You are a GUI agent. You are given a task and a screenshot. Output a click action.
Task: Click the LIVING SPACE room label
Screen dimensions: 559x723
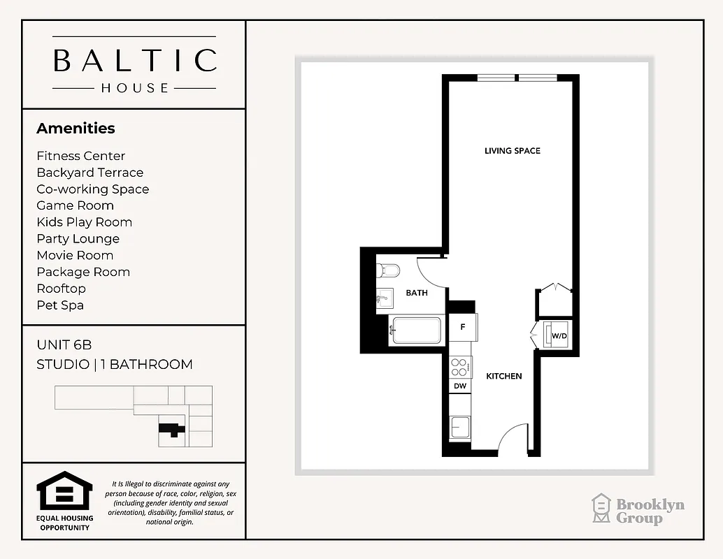512,151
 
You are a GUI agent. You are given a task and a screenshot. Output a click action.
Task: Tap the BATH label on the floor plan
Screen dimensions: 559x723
417,293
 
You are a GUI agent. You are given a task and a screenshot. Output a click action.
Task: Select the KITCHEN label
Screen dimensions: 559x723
504,376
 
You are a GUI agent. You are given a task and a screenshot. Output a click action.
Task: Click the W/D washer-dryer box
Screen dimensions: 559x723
559,335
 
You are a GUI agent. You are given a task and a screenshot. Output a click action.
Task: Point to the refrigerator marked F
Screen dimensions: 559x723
462,327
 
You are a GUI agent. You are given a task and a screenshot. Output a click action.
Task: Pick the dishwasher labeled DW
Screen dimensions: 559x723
460,386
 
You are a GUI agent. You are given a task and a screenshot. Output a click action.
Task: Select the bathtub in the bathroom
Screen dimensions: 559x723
416,331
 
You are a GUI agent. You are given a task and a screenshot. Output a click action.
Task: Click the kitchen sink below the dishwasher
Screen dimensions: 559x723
460,426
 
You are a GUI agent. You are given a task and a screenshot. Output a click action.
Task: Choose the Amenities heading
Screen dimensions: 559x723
76,129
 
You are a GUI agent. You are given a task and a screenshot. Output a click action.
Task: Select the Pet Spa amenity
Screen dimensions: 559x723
61,305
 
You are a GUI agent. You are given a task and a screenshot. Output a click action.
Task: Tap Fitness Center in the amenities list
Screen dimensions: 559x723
80,156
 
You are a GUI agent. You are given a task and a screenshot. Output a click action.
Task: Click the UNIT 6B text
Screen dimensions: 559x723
64,345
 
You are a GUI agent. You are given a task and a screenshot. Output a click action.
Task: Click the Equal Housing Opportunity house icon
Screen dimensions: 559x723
64,491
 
